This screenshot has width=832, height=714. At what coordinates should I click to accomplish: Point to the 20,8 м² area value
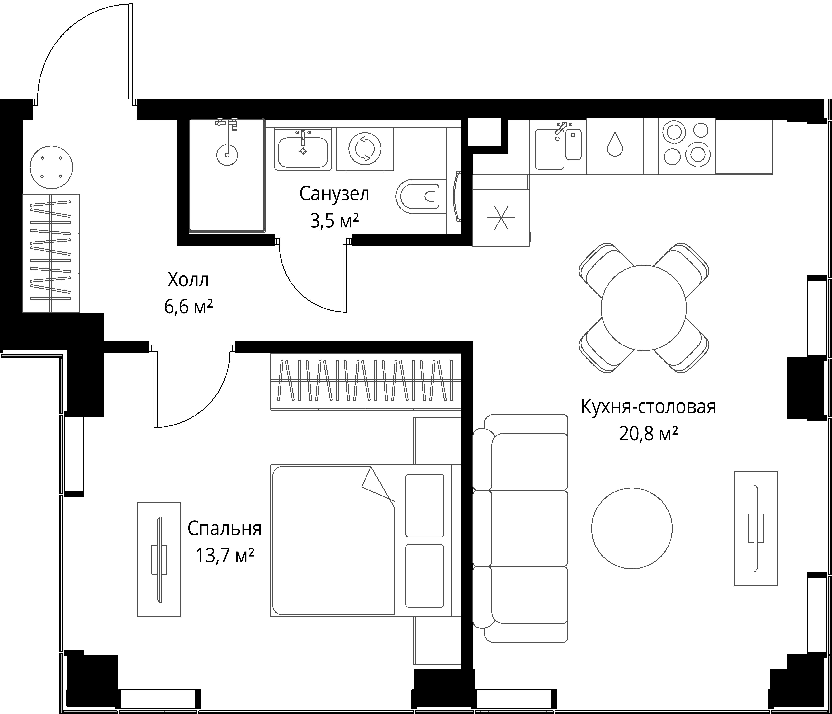[649, 434]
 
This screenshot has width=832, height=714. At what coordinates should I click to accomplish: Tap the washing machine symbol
[365, 149]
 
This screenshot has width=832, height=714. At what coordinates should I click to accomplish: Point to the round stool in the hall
[51, 167]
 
